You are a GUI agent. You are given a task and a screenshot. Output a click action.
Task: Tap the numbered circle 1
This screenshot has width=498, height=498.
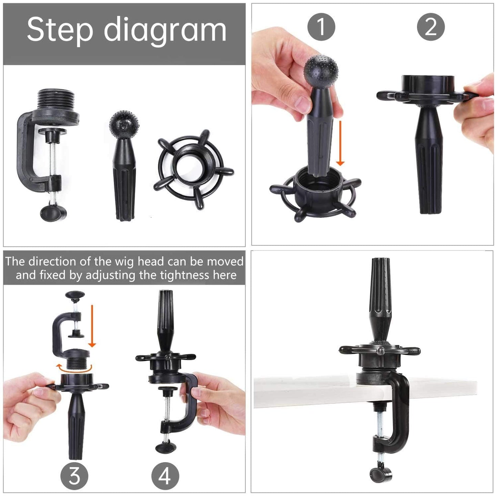[x=321, y=27]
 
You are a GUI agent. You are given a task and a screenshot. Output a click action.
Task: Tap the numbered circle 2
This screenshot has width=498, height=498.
[x=431, y=27]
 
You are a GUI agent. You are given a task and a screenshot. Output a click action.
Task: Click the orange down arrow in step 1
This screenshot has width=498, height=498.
[x=341, y=143]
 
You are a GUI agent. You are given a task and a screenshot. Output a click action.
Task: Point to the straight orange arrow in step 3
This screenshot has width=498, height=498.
[x=92, y=326]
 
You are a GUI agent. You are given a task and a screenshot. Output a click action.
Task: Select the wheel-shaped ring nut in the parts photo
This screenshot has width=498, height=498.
[x=193, y=169]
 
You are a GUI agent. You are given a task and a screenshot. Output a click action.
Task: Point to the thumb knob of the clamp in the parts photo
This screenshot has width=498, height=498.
[x=53, y=213]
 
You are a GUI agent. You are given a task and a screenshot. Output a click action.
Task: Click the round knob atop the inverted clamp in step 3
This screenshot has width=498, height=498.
[x=75, y=295]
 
